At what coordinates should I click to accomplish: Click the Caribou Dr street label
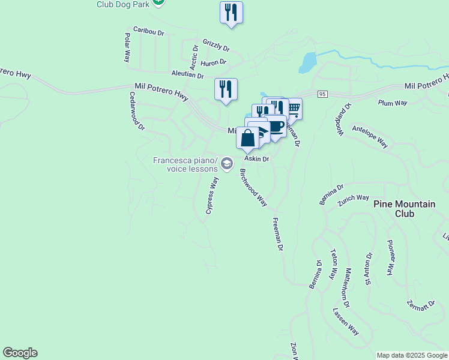tap(149, 31)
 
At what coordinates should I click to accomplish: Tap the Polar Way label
tap(127, 48)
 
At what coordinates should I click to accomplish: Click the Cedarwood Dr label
tap(137, 111)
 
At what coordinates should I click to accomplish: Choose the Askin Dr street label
tap(257, 159)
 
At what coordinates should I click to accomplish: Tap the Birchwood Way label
tap(253, 188)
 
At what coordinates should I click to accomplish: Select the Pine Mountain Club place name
tap(404, 209)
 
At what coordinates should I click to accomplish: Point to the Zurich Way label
tap(353, 197)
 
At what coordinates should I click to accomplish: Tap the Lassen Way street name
tap(346, 322)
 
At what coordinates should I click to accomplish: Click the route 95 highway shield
tap(322, 94)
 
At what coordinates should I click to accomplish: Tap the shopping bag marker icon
tap(247, 138)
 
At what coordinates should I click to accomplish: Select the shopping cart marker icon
tap(294, 108)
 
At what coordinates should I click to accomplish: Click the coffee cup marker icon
tap(276, 127)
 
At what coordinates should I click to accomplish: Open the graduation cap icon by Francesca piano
tap(227, 163)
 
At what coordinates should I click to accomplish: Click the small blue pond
tap(307, 62)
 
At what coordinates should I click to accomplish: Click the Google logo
tap(20, 353)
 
